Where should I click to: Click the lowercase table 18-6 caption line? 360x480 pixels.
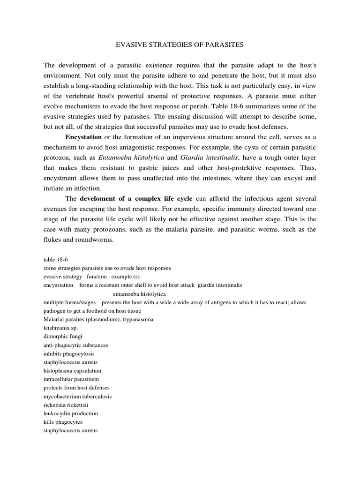coord(56,259)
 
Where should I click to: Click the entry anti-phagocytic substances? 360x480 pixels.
coord(75,345)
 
